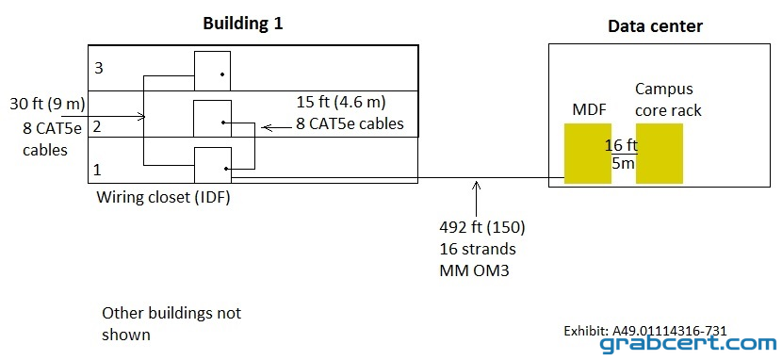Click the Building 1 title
point(243,24)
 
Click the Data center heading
point(655,26)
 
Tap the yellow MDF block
point(588,154)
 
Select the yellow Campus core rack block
point(660,154)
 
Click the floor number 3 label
point(99,68)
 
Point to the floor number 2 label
point(97,127)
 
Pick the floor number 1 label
point(98,171)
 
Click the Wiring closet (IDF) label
point(163,198)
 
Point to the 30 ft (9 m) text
point(47,105)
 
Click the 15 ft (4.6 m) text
point(342,103)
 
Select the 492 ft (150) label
point(482,228)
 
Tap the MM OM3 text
point(474,271)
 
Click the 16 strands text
point(478,250)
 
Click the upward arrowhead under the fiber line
point(477,184)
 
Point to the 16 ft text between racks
point(622,145)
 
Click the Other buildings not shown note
point(171,323)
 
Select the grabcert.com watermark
point(688,344)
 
